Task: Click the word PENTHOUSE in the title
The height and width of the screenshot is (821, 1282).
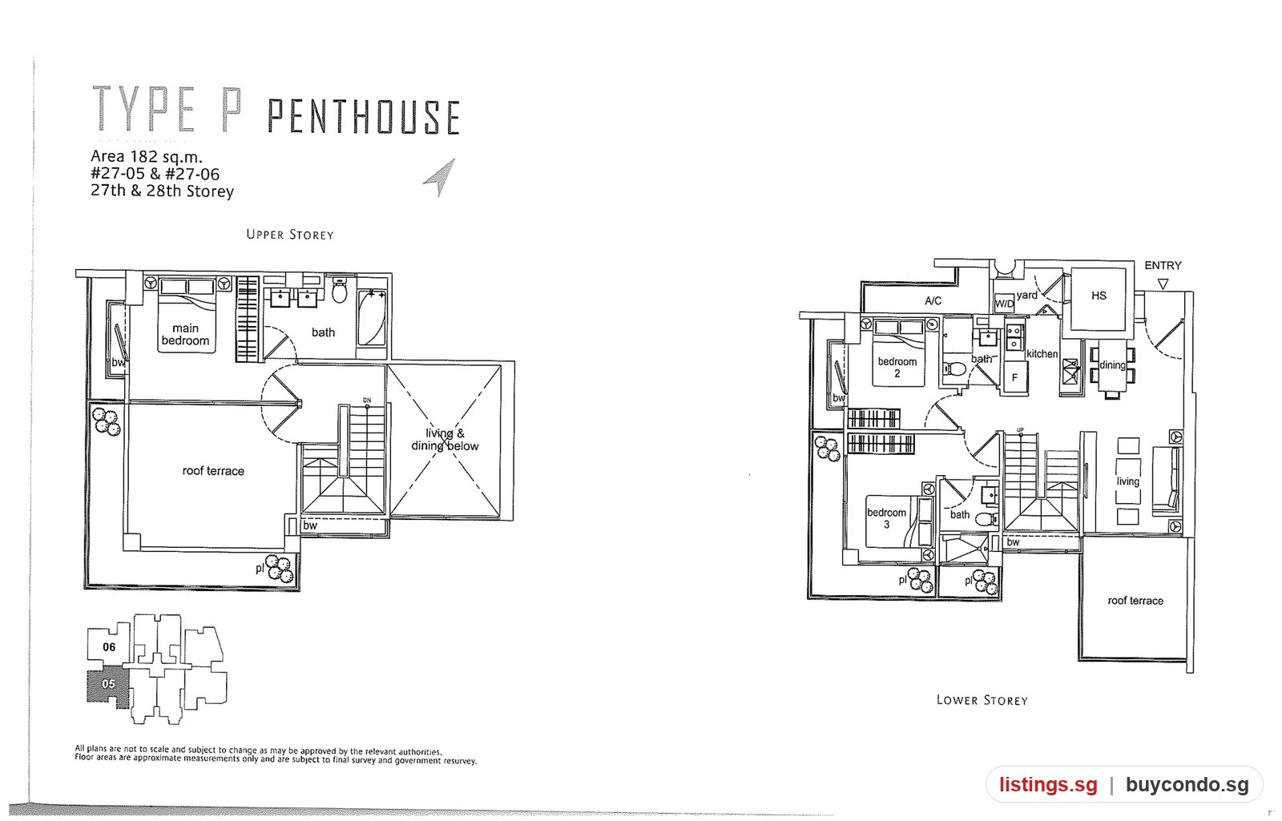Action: pos(364,117)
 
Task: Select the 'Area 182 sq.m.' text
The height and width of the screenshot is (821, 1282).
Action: pos(147,157)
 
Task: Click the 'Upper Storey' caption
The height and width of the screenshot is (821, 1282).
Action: pos(289,235)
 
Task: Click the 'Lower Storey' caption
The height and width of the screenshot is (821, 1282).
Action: pos(982,700)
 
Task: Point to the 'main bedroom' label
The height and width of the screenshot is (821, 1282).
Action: pos(185,335)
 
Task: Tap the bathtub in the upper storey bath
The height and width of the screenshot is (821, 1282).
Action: pos(372,317)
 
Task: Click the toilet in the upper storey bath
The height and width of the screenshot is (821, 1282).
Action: pos(340,291)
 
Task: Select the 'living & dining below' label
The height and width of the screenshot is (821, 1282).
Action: pos(445,440)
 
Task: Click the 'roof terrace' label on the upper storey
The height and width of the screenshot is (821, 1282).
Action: pos(213,471)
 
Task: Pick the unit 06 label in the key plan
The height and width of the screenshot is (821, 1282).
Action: pos(109,647)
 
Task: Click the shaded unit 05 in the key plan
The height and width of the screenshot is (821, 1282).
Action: pos(108,688)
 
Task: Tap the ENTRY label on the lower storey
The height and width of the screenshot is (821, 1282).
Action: pos(1163,265)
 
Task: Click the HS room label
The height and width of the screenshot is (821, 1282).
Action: pos(1099,296)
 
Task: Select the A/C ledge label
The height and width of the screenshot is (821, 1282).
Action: pos(933,301)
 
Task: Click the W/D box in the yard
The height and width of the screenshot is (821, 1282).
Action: pos(1004,304)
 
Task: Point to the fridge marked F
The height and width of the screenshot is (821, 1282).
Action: pos(1014,376)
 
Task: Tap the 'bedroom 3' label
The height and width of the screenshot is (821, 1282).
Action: pos(886,518)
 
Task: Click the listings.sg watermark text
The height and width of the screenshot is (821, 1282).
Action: pos(1049,784)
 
